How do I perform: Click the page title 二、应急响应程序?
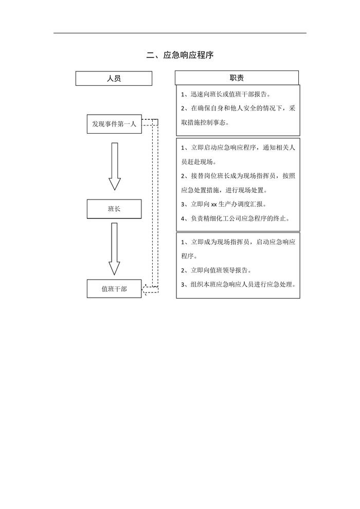179,55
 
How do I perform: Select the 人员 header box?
114,78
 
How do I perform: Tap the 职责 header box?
237,78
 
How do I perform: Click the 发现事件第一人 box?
114,124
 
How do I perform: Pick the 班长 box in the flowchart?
114,209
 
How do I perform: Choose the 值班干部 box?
114,289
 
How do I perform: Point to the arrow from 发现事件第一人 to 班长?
114,166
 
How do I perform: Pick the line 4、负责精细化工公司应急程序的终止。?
236,218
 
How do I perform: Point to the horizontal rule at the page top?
180,33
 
